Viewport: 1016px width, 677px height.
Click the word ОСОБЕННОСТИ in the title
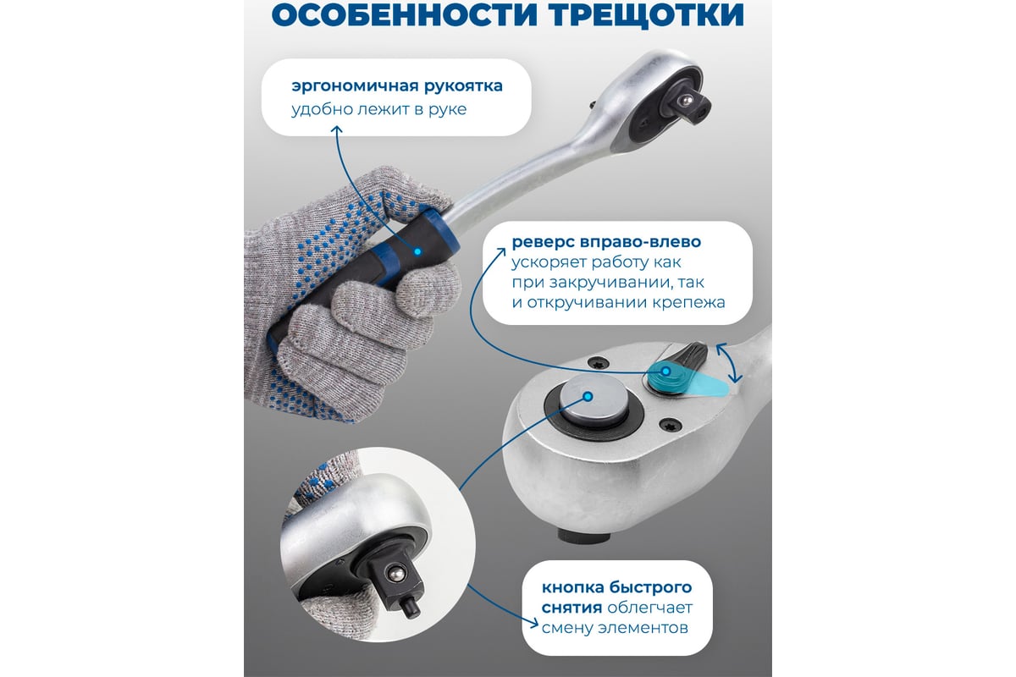tap(405, 14)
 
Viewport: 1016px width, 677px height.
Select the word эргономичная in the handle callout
tap(355, 86)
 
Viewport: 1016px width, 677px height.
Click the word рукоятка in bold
tap(463, 86)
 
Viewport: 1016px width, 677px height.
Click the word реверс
tap(543, 242)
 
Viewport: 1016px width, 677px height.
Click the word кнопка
tap(572, 587)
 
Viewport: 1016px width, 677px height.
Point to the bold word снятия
tap(572, 608)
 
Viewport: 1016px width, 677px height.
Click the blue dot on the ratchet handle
tap(417, 251)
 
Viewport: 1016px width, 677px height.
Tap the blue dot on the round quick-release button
tap(588, 397)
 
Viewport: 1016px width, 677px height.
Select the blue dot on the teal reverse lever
tap(666, 372)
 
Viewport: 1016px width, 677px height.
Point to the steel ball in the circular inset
tap(395, 575)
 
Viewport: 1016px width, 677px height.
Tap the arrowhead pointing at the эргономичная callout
tap(337, 130)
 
